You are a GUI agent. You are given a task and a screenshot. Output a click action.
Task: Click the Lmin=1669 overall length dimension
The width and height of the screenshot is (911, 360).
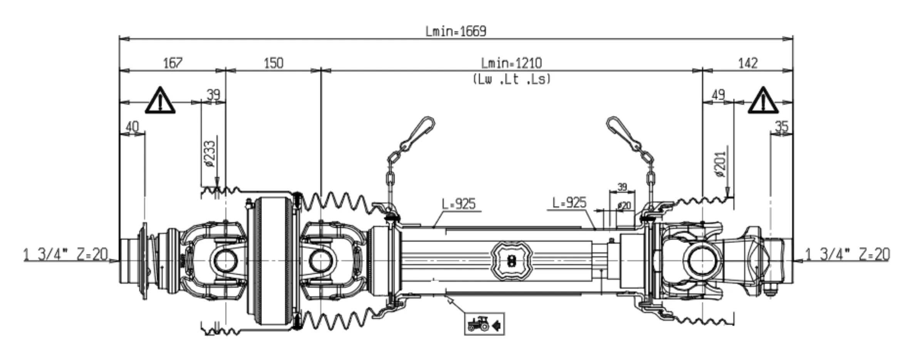[456, 31]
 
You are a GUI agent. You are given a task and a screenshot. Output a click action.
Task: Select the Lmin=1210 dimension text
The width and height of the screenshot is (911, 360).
[511, 63]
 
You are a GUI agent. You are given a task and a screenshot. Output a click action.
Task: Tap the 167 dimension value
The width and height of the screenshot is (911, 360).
[173, 63]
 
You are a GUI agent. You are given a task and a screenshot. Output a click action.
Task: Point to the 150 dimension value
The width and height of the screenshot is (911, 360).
[273, 63]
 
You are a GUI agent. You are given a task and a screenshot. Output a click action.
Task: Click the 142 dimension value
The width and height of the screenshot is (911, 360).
[748, 63]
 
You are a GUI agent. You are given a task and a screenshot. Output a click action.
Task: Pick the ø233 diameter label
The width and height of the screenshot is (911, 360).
[210, 154]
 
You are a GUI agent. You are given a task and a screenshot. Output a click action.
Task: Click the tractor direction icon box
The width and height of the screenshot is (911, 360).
[485, 324]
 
